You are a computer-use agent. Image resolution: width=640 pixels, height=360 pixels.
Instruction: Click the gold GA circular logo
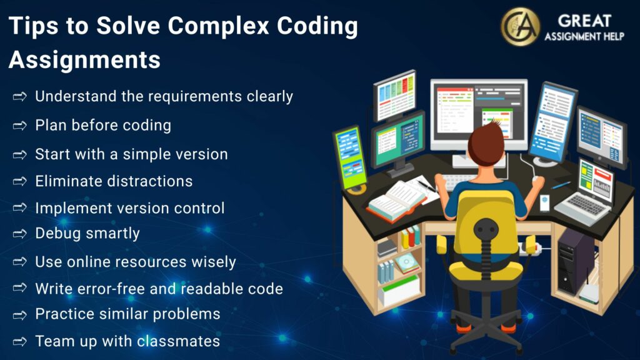pyautogui.click(x=520, y=27)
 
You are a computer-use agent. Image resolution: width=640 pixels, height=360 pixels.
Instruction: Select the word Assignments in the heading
pyautogui.click(x=84, y=60)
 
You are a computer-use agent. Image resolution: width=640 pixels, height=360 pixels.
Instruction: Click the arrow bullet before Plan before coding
pyautogui.click(x=20, y=126)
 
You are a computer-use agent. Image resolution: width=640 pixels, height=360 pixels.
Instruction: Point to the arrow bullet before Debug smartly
pyautogui.click(x=20, y=234)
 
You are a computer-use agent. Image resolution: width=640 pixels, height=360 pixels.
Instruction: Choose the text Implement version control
pyautogui.click(x=129, y=208)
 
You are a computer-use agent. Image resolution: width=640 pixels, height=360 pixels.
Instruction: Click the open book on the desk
pyautogui.click(x=397, y=199)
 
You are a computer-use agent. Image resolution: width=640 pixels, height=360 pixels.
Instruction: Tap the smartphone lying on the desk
pyautogui.click(x=544, y=202)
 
